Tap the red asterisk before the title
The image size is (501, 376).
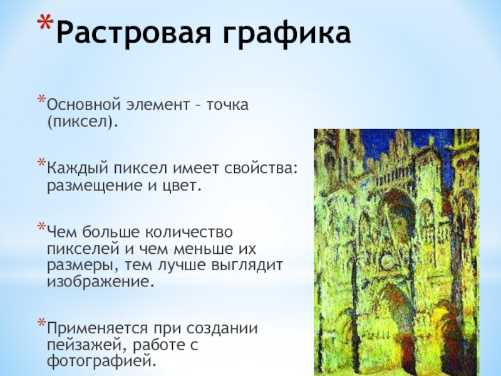(x=45, y=23)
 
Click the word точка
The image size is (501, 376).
(x=227, y=105)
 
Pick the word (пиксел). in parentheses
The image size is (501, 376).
(x=83, y=122)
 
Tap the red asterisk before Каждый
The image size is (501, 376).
(x=42, y=162)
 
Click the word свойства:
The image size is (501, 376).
(x=261, y=169)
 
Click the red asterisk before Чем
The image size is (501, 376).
(x=42, y=227)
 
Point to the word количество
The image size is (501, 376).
(x=189, y=232)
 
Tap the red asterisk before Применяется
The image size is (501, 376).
(x=42, y=322)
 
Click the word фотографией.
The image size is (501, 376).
(x=102, y=362)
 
